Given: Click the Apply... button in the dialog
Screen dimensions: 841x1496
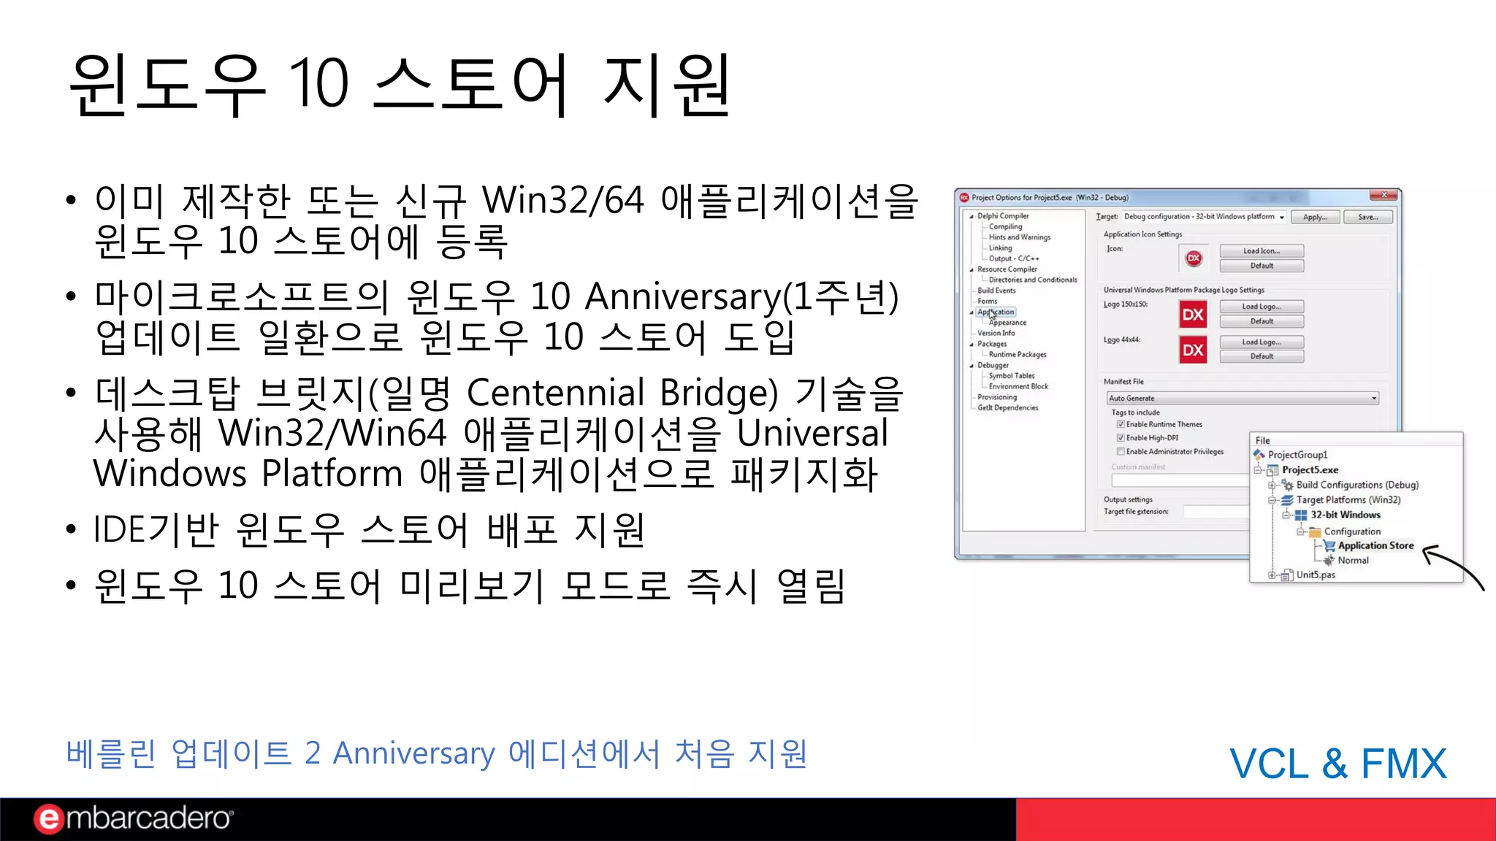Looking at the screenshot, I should point(1315,217).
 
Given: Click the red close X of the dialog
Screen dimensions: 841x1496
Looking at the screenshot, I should point(1384,196).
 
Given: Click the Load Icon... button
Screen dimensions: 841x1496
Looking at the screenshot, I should point(1262,251).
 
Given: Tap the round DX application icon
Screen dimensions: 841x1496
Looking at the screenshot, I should point(1194,258).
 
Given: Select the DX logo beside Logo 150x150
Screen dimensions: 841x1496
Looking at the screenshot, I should point(1193,315).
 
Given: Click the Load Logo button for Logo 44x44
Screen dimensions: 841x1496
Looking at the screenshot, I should point(1262,342).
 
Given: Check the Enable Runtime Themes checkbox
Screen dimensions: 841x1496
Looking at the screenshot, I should point(1121,424).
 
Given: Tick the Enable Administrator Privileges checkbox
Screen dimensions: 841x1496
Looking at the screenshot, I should point(1121,452).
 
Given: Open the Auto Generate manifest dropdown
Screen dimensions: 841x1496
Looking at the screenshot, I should point(1374,399).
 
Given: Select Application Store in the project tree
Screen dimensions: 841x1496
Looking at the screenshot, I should point(1375,545).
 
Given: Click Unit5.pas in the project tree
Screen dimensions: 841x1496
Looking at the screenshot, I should point(1316,575).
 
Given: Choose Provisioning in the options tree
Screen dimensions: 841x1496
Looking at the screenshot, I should point(997,397).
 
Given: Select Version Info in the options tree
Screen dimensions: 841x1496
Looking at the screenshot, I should point(996,333).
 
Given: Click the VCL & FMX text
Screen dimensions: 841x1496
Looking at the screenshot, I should point(1337,764).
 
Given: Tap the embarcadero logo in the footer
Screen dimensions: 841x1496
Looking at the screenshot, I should point(133,818).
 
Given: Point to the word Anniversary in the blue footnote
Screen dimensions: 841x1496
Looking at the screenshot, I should point(414,753).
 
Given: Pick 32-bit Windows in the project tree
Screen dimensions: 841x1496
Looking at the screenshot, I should point(1345,515).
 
